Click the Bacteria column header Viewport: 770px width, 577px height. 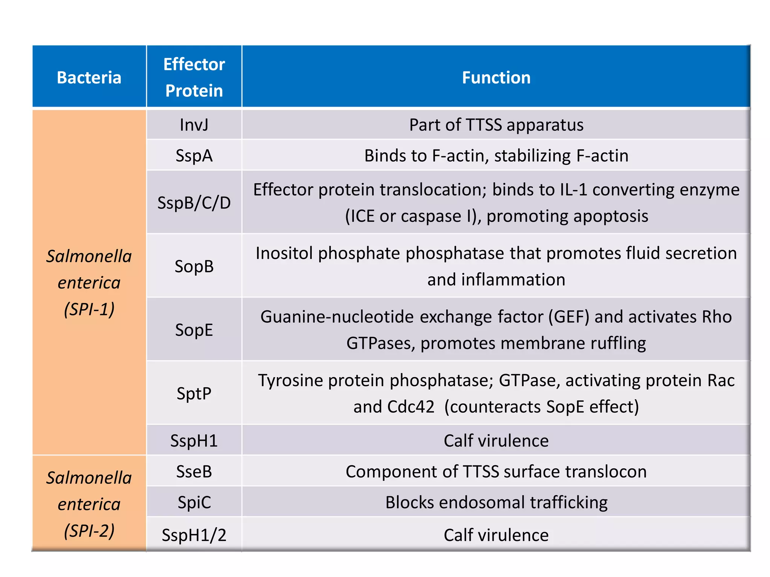click(89, 77)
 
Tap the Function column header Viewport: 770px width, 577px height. click(496, 77)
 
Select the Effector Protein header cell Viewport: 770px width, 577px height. click(194, 77)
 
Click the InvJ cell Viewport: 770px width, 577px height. click(194, 125)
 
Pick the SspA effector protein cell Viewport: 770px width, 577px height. click(194, 156)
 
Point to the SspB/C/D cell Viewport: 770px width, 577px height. click(194, 203)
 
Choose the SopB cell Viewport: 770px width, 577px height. click(194, 266)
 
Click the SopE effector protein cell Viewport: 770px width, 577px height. click(194, 330)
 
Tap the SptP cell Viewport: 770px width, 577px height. click(194, 393)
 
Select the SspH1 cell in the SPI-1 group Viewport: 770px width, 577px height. click(194, 441)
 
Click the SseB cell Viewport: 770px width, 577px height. click(194, 471)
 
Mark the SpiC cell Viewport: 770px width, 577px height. click(194, 502)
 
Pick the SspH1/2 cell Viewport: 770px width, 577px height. click(194, 535)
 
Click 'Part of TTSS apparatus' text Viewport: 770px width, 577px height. click(496, 125)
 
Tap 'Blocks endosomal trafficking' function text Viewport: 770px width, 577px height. click(496, 502)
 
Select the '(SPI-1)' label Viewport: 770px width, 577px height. click(89, 309)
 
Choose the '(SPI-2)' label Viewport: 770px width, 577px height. click(89, 531)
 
